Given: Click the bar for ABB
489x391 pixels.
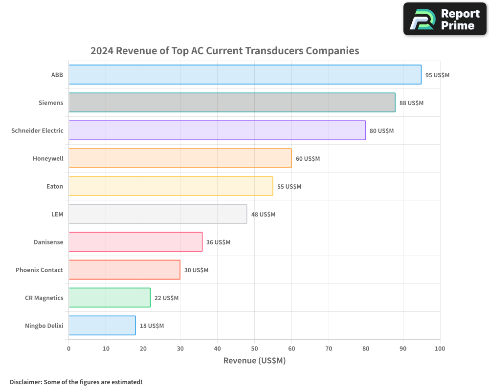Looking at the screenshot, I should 244,75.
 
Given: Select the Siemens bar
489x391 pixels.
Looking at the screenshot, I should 232,103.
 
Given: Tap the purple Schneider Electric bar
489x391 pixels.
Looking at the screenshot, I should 217,130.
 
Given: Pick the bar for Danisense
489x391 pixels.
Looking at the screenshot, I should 135,242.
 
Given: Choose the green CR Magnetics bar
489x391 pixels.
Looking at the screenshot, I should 110,298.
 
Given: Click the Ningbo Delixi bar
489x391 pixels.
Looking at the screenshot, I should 102,326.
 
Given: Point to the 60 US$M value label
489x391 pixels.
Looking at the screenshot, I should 308,159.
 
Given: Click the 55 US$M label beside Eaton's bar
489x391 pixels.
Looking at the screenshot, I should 289,187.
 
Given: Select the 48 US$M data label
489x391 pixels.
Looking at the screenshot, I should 263,215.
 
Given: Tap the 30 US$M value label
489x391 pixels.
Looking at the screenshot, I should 196,270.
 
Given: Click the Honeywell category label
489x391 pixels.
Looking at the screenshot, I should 48,158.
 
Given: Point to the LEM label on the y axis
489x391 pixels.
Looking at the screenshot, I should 57,214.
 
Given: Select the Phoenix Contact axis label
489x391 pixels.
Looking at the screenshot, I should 39,270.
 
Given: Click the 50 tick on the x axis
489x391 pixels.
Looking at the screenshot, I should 254,348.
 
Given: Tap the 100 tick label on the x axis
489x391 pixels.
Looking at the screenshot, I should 440,348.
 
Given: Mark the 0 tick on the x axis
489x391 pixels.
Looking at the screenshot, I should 68,348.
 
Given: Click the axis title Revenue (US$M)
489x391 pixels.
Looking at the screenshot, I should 254,361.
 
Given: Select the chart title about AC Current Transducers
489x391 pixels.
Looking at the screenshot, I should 225,51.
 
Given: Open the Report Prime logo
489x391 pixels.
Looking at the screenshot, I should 445,19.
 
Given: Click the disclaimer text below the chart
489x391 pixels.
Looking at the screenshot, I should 76,382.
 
